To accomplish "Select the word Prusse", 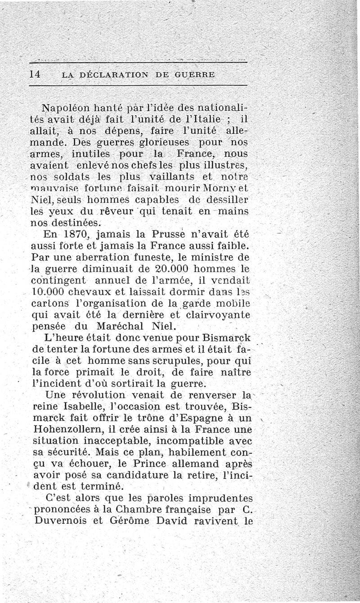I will click(163, 234).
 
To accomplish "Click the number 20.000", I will click(161, 270).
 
